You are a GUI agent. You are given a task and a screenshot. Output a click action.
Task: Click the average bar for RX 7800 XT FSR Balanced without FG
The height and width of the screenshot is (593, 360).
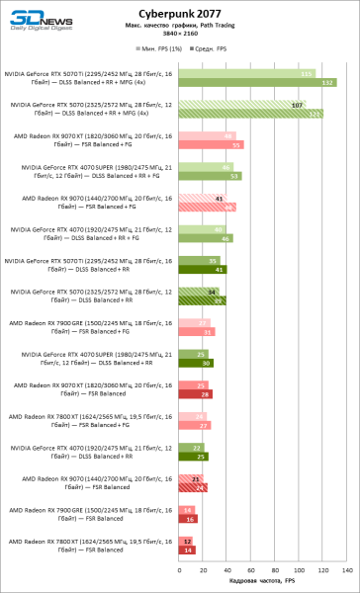coord(187,550)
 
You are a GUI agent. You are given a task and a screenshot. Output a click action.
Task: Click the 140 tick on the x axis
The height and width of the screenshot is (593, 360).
coord(346,571)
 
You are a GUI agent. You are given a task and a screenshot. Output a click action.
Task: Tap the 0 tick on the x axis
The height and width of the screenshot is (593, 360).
coord(178,571)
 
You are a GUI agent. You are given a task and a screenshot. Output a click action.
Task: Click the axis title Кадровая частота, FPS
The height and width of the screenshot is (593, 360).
coord(262,581)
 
